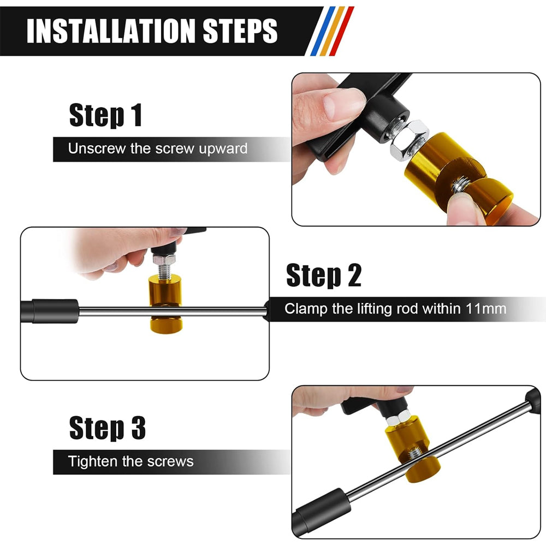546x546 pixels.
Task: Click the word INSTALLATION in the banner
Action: point(111,31)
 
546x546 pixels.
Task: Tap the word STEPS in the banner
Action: point(240,31)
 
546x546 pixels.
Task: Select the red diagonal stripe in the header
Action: point(342,31)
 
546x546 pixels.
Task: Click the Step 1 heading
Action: point(105,115)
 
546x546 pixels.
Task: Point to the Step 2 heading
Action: point(324,275)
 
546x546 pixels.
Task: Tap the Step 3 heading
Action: point(107,428)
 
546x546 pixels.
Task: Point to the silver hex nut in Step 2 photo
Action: point(164,259)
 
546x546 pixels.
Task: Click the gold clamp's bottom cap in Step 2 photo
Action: point(166,324)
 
